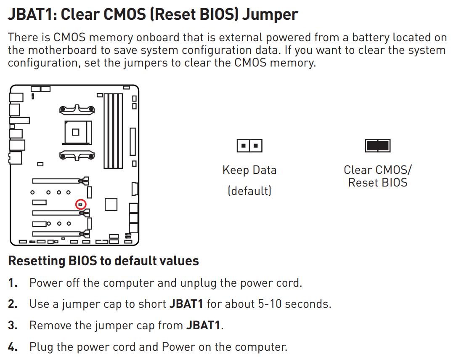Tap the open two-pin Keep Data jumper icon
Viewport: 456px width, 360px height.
[x=249, y=146]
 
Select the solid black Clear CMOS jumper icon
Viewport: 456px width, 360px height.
[x=377, y=146]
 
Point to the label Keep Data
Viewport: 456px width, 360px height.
[x=249, y=170]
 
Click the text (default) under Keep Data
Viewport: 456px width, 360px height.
[x=249, y=191]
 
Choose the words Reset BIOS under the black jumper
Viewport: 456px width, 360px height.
[x=378, y=183]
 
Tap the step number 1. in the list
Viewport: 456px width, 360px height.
[x=13, y=283]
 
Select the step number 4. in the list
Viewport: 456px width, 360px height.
[x=13, y=347]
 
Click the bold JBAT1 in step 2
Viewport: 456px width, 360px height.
[x=186, y=304]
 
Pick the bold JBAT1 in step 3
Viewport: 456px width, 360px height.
[x=203, y=325]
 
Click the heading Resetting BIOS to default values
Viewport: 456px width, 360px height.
[x=103, y=261]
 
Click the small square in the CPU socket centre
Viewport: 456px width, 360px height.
[x=76, y=132]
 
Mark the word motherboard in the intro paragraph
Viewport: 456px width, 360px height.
[x=63, y=50]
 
